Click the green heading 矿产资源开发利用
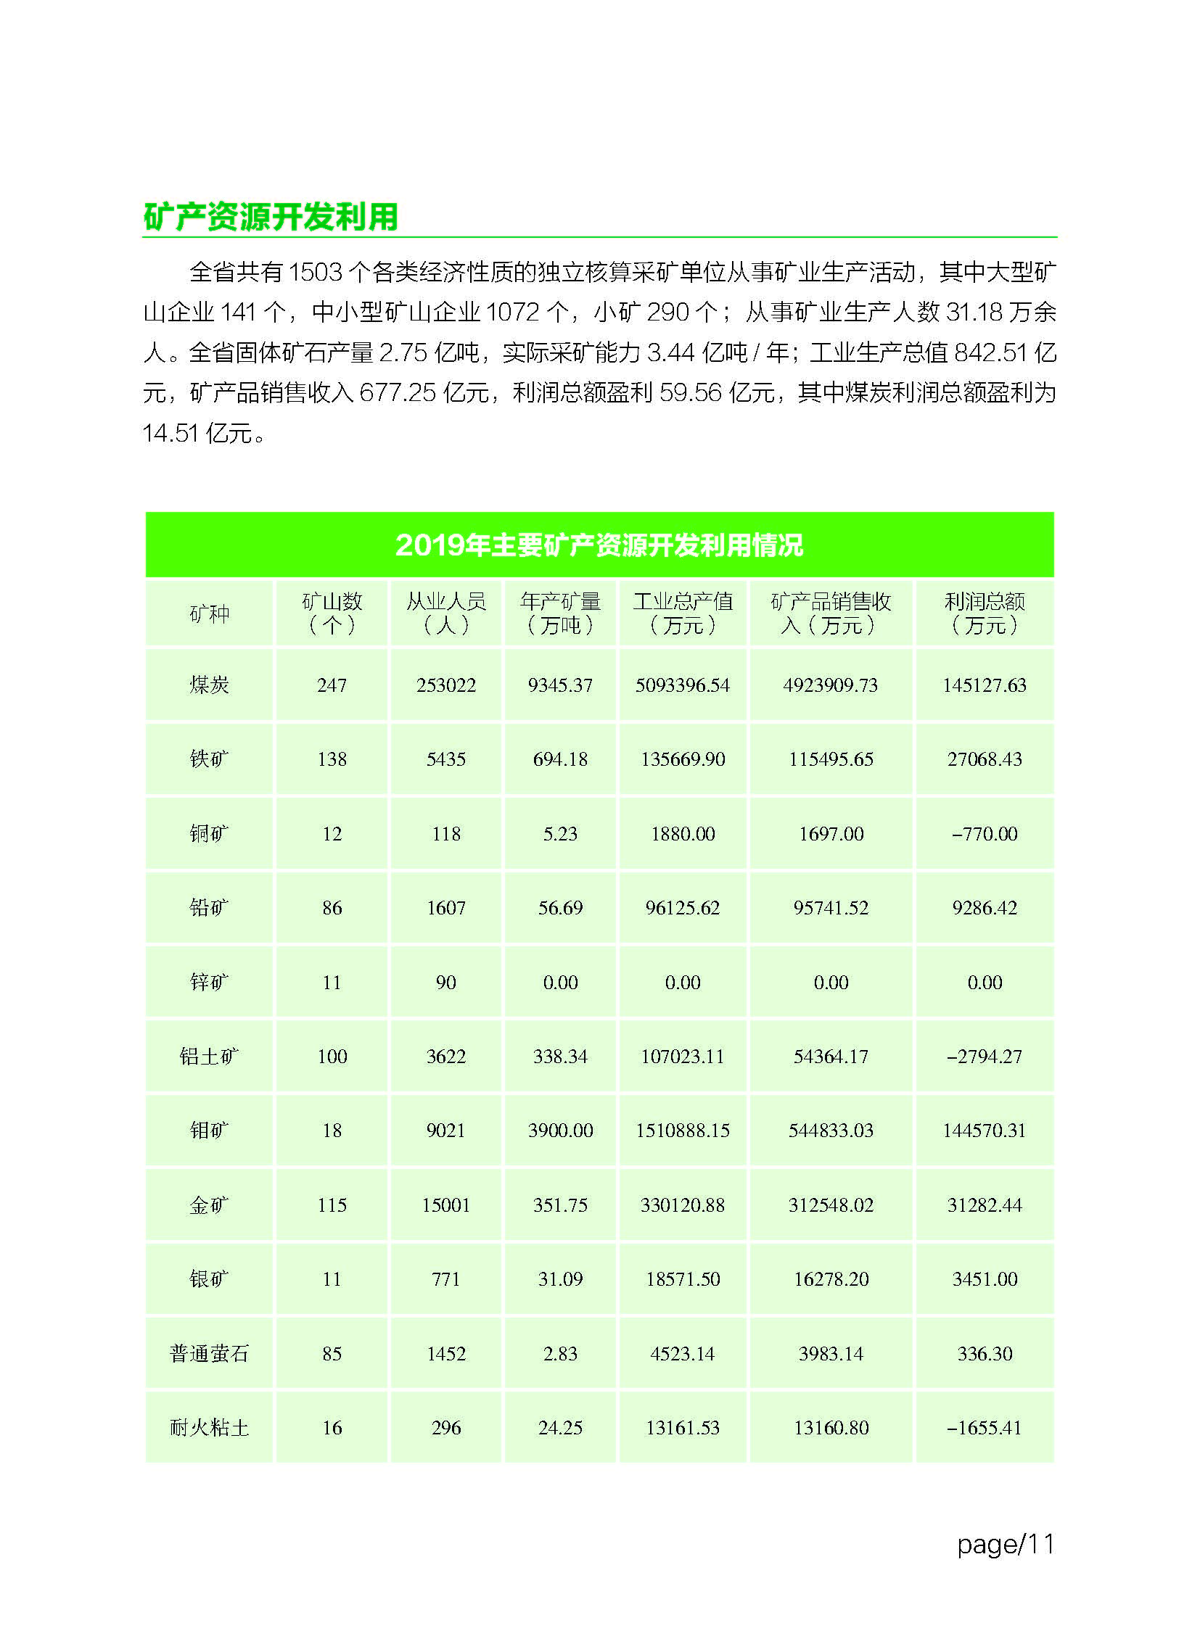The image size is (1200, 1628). [x=270, y=216]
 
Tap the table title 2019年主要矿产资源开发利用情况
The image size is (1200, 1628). [x=599, y=545]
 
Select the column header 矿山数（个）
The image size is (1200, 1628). [x=332, y=613]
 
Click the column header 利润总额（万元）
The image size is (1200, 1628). [x=985, y=613]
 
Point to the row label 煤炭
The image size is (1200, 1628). [x=209, y=685]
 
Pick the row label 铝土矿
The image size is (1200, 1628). [x=209, y=1056]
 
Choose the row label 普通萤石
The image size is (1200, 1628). [x=209, y=1353]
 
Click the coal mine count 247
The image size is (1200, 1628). [x=332, y=685]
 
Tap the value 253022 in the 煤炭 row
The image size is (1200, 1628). [x=446, y=685]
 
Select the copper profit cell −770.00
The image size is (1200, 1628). [x=985, y=834]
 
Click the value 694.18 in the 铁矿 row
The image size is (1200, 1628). [x=560, y=759]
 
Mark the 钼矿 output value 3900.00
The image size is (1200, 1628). [x=560, y=1131]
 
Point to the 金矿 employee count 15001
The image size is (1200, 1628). [x=446, y=1205]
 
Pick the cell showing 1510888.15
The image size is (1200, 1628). [x=682, y=1131]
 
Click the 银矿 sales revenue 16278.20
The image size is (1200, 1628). [x=831, y=1279]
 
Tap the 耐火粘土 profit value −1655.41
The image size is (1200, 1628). [x=985, y=1428]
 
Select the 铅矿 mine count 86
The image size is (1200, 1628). [x=332, y=908]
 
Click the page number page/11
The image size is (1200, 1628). [x=1006, y=1544]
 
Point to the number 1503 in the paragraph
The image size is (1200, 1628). [x=316, y=273]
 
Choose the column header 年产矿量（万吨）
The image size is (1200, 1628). [x=560, y=613]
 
